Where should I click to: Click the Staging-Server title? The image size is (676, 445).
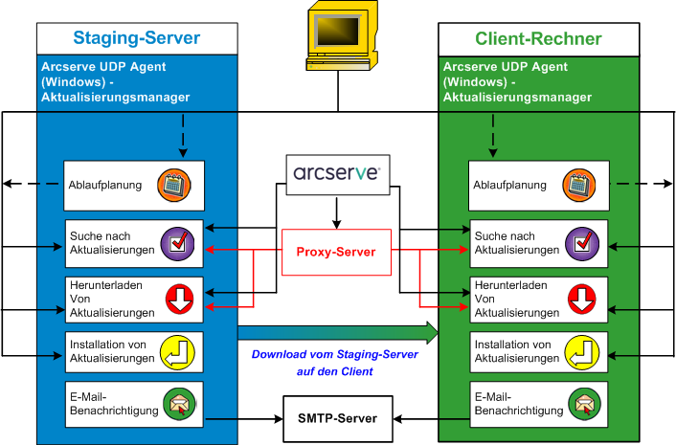click(137, 38)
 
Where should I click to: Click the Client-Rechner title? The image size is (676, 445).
click(538, 38)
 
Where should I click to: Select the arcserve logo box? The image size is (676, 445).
click(338, 174)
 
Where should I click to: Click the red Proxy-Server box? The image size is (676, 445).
click(336, 252)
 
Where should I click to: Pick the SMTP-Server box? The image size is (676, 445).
click(336, 418)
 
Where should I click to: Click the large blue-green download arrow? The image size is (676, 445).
click(337, 333)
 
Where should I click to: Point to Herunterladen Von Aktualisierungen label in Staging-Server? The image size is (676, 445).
click(112, 299)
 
